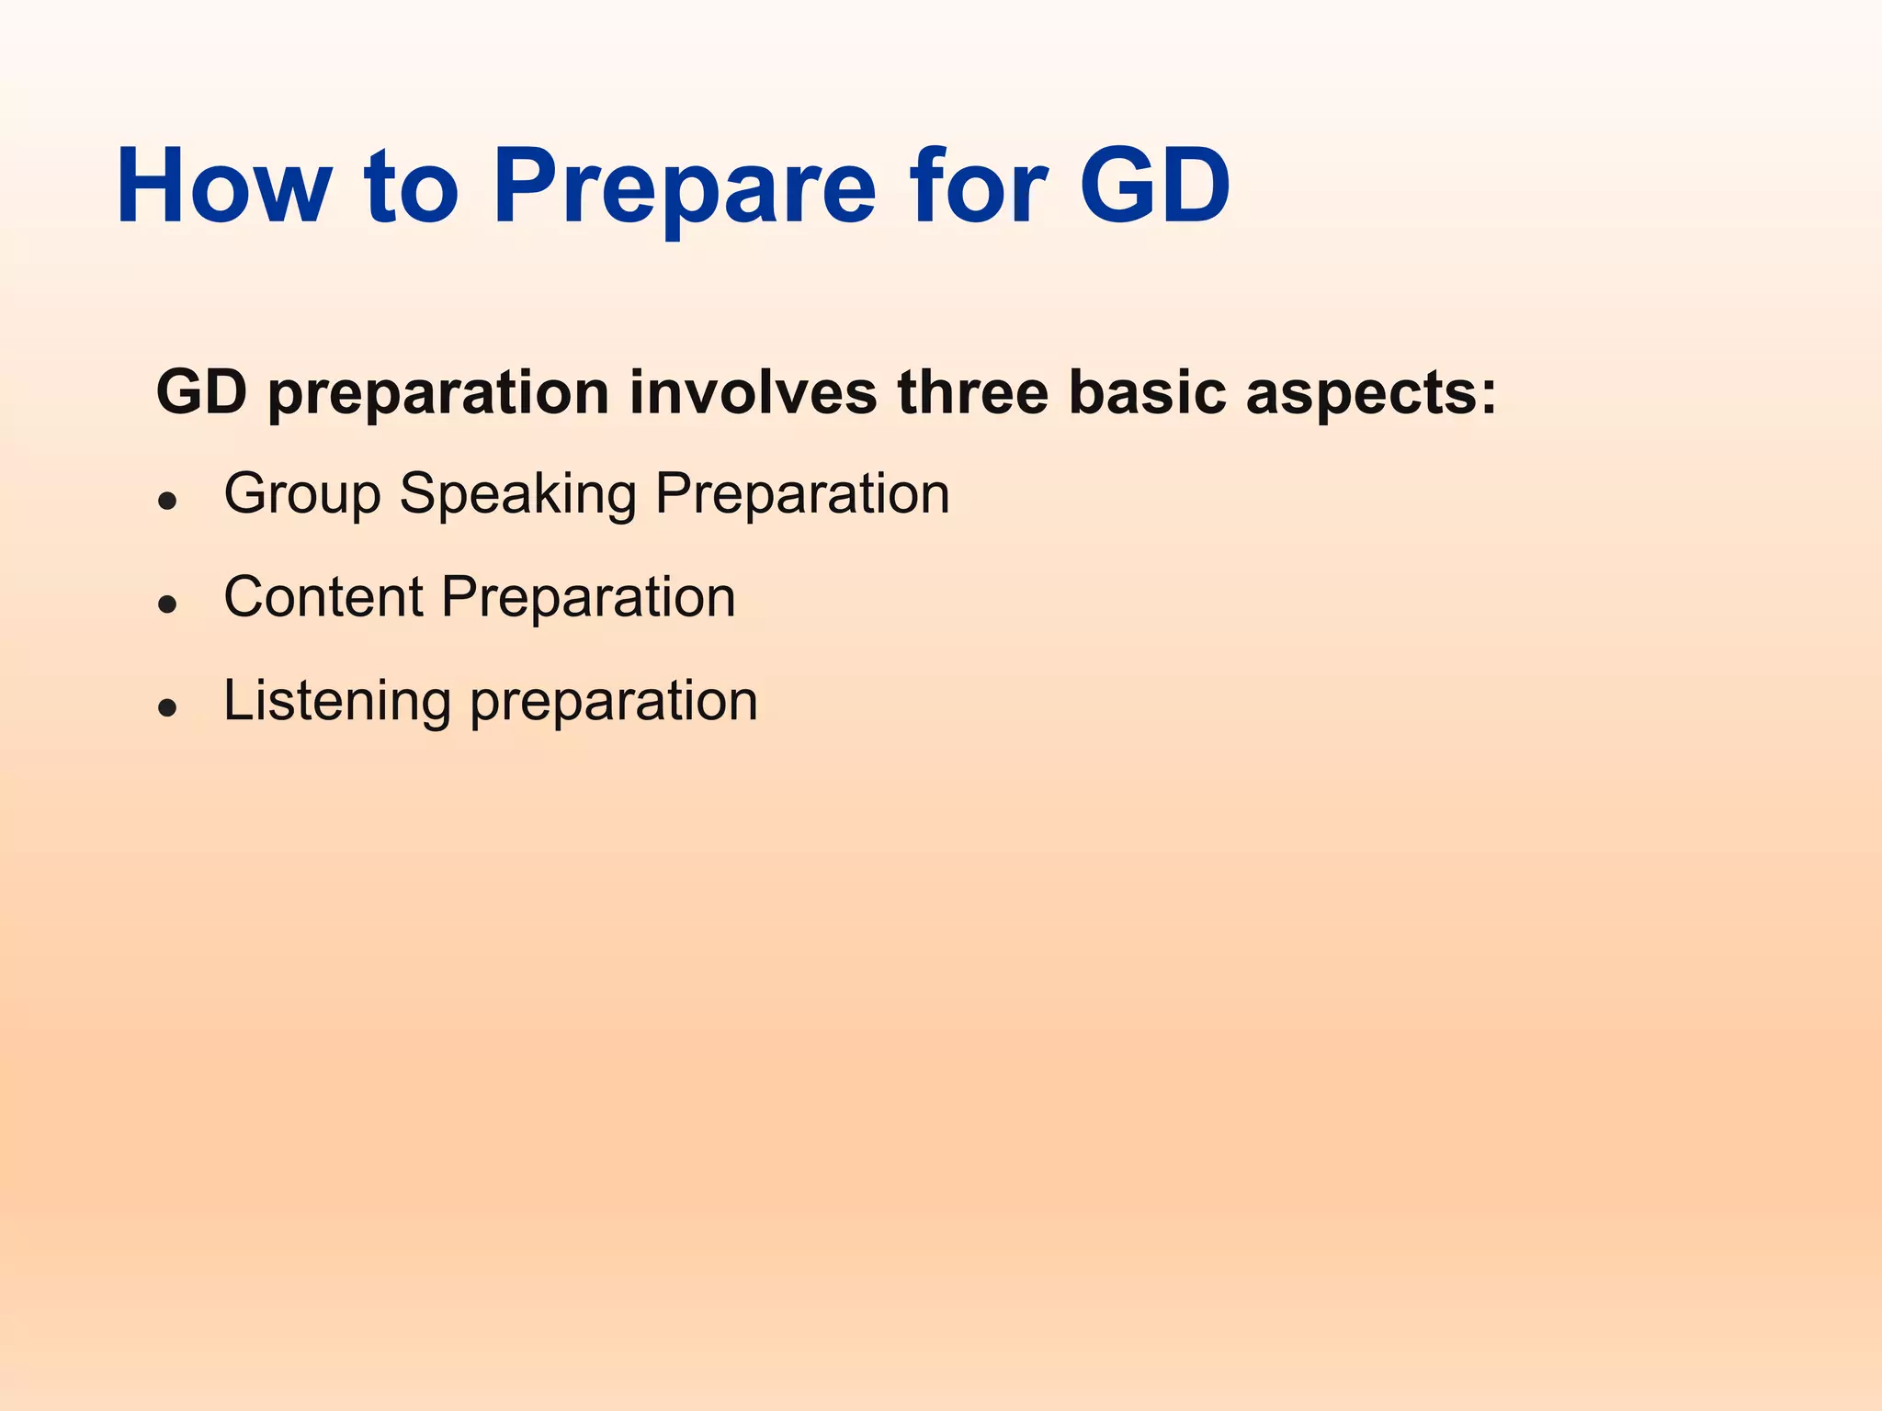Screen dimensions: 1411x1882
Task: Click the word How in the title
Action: tap(223, 186)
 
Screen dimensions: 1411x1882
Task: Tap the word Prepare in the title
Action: tap(685, 186)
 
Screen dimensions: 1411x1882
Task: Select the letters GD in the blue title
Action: tap(1154, 186)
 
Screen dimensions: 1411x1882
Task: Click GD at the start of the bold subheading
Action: tap(201, 392)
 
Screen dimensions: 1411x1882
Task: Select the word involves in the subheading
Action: tap(753, 392)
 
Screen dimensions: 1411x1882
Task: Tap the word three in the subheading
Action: tap(972, 392)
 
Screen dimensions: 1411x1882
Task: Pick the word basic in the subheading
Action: tap(1146, 392)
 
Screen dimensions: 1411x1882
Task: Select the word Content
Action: tap(323, 597)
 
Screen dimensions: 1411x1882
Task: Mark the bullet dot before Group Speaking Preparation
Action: tap(167, 501)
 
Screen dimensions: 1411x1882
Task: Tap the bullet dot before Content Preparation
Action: tap(167, 604)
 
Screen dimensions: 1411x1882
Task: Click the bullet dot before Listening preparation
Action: tap(167, 707)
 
